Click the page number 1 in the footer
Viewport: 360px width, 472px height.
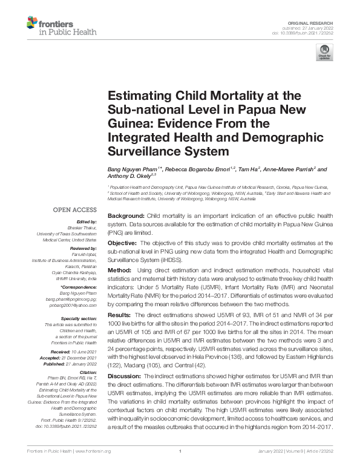pos(180,452)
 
